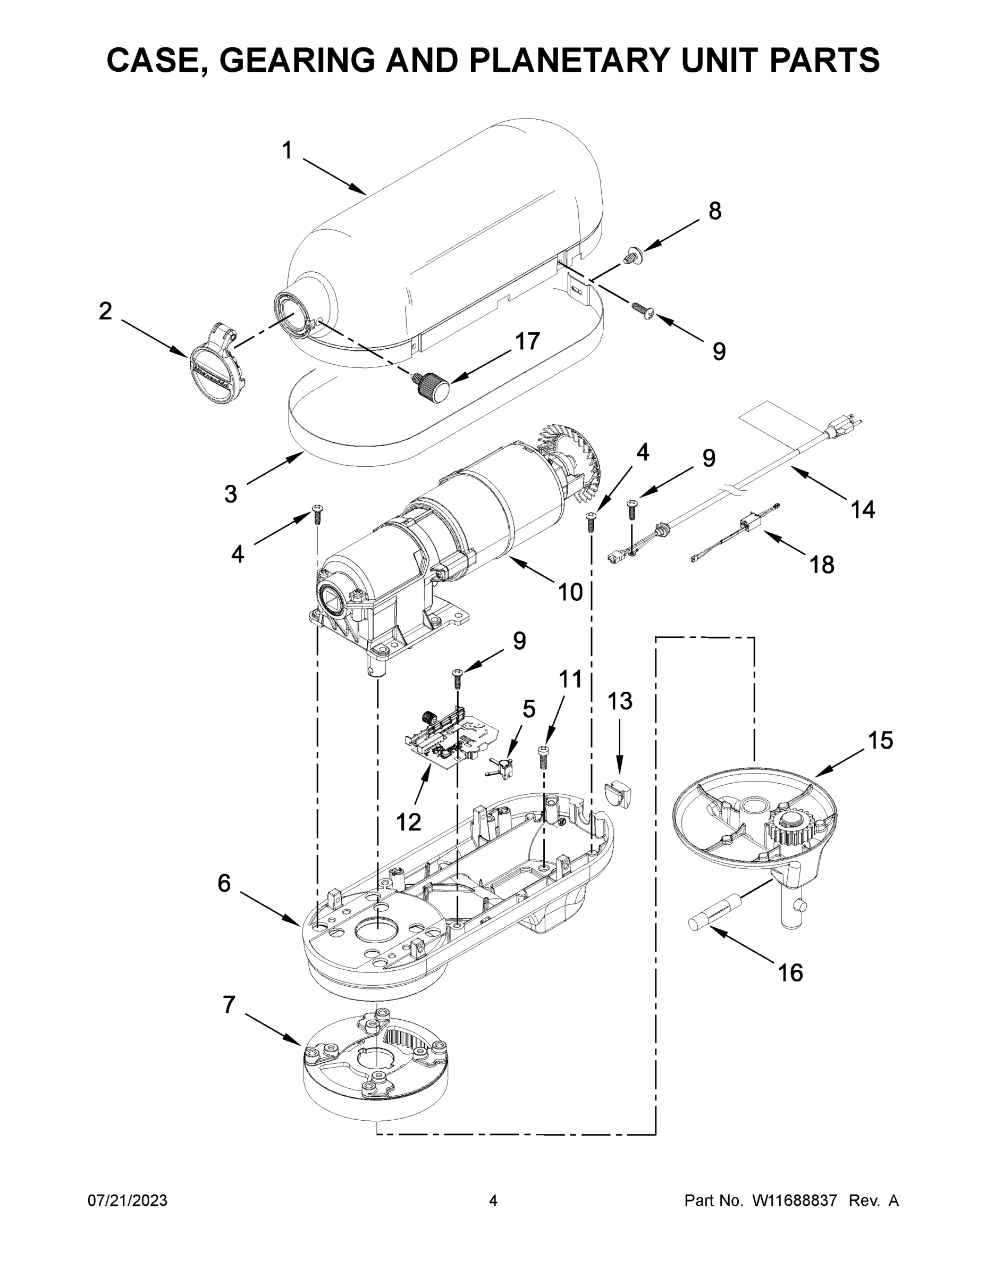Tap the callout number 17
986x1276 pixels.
(527, 341)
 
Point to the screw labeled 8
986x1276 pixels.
(632, 255)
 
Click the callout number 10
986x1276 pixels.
(570, 592)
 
